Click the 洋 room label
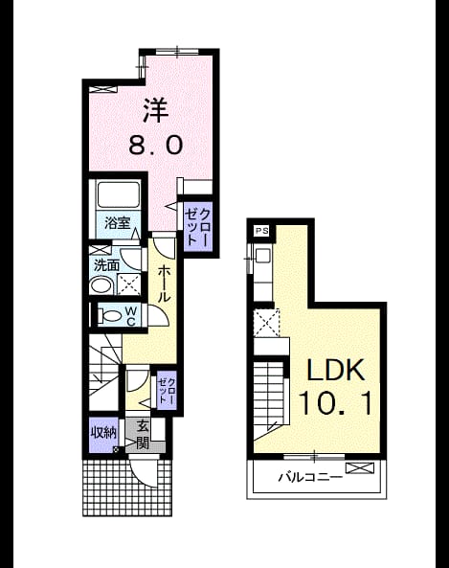(x=155, y=110)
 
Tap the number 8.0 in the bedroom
(x=156, y=146)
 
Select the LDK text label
(x=335, y=370)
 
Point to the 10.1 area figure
(x=335, y=404)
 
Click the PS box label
(x=262, y=231)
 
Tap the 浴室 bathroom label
(x=117, y=222)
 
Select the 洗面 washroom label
(x=106, y=265)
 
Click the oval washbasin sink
(x=101, y=285)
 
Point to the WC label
(x=131, y=316)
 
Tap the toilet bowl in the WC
(x=109, y=315)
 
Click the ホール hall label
(x=164, y=284)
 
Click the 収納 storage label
(x=103, y=433)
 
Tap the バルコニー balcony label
(x=310, y=477)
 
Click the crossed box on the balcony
(x=359, y=468)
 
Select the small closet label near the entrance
(x=167, y=391)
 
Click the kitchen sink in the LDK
(x=262, y=256)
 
